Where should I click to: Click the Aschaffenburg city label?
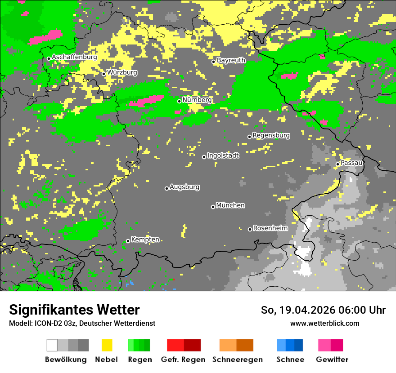74,57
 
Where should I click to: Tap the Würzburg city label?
122,72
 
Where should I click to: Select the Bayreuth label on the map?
231,60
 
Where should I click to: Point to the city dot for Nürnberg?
179,101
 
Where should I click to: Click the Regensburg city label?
271,135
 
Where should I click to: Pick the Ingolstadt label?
223,155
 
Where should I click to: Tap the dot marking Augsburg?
166,188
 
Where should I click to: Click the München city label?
230,205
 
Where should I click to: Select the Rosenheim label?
270,228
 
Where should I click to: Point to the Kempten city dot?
128,241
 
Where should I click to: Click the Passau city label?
351,163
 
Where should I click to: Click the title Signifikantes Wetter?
74,310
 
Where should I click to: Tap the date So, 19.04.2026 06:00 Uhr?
323,310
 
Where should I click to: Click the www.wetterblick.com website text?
324,323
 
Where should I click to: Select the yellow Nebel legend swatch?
107,345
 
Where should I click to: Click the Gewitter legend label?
332,360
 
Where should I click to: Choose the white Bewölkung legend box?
52,345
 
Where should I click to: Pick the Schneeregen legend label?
237,360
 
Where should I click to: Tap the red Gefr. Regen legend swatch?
175,345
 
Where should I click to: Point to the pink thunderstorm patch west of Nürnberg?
146,101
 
